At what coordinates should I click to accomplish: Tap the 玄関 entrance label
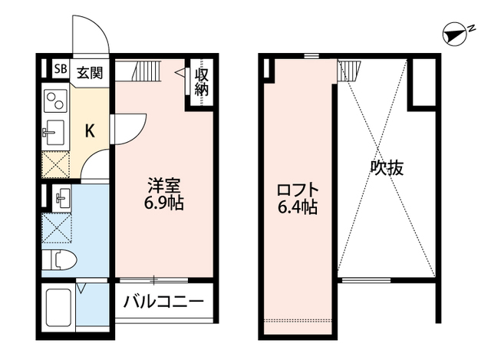pos(92,74)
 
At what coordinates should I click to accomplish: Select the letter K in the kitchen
pos(90,130)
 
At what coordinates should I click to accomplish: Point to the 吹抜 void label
pos(388,168)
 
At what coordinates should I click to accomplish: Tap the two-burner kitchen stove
pos(55,101)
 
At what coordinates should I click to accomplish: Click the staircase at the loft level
pos(349,71)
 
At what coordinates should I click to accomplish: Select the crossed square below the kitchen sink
pos(55,164)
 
